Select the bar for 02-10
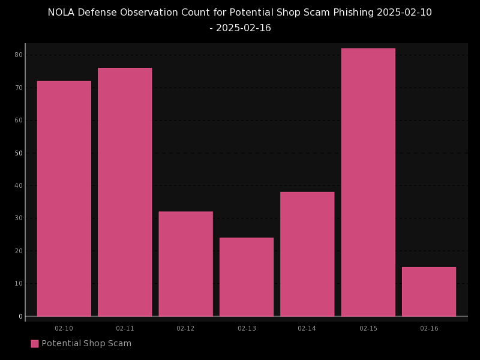[64, 199]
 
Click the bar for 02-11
[125, 192]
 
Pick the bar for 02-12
[185, 264]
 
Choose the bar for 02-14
[307, 254]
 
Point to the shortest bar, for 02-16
[429, 292]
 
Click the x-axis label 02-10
[64, 329]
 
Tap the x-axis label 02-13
[247, 329]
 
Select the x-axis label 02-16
[429, 329]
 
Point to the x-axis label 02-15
[368, 329]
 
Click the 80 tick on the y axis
[19, 55]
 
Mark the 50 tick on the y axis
[19, 153]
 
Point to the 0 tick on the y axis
[20, 316]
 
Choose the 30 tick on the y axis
[19, 218]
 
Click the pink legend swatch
[35, 344]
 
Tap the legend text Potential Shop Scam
[86, 344]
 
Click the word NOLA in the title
[61, 13]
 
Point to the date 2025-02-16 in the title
[244, 28]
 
